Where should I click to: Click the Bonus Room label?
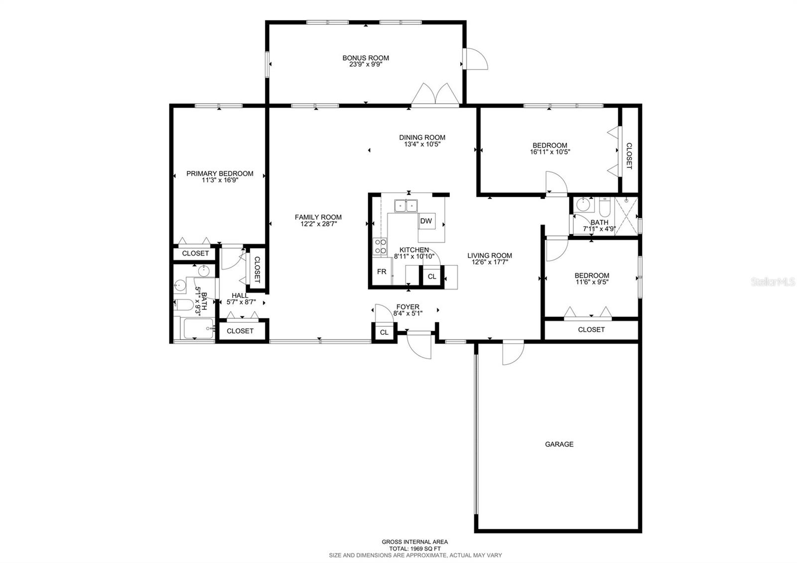click(x=366, y=58)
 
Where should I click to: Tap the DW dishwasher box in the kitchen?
click(x=426, y=221)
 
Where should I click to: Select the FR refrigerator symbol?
click(x=382, y=272)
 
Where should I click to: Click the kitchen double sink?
click(x=406, y=205)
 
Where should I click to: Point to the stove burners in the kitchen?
click(x=380, y=246)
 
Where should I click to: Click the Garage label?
click(x=559, y=444)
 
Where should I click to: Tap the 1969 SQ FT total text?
click(x=414, y=548)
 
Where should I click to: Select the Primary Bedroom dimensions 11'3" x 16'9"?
click(x=220, y=180)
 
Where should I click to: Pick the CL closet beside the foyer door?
click(x=384, y=332)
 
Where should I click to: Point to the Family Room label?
click(x=318, y=217)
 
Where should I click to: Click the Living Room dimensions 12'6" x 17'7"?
click(x=490, y=262)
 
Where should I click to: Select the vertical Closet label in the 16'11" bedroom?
click(x=629, y=156)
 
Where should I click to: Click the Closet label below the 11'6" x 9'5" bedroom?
click(x=591, y=329)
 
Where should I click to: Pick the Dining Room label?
click(x=422, y=138)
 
